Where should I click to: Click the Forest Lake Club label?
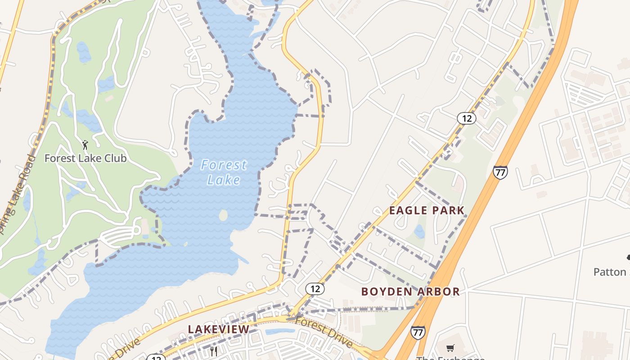pyautogui.click(x=85, y=158)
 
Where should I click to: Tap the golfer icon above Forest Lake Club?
pyautogui.click(x=85, y=145)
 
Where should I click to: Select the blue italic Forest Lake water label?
pyautogui.click(x=224, y=172)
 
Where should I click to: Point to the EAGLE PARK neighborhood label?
pyautogui.click(x=427, y=210)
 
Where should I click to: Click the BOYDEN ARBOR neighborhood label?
pyautogui.click(x=410, y=292)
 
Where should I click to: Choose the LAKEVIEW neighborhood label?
pyautogui.click(x=219, y=329)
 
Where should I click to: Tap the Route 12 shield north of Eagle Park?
pyautogui.click(x=466, y=118)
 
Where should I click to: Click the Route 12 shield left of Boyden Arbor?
pyautogui.click(x=315, y=288)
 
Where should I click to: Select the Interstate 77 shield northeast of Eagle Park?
pyautogui.click(x=500, y=172)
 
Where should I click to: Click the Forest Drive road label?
pyautogui.click(x=324, y=332)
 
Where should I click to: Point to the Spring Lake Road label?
pyautogui.click(x=18, y=189)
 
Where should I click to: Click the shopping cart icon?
pyautogui.click(x=450, y=348)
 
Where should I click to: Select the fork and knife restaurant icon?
pyautogui.click(x=214, y=351)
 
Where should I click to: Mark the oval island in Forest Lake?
pyautogui.click(x=223, y=216)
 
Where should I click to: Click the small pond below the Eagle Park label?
pyautogui.click(x=419, y=232)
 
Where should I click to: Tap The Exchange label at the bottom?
pyautogui.click(x=450, y=358)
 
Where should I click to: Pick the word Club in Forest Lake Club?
pyautogui.click(x=116, y=158)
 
